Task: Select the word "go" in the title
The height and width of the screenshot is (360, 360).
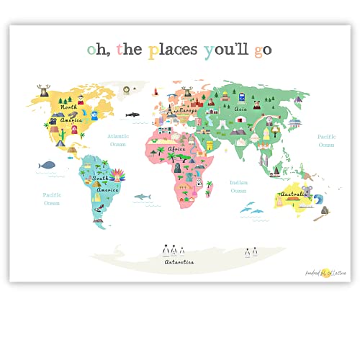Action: (261, 50)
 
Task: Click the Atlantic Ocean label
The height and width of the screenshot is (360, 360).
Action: (118, 140)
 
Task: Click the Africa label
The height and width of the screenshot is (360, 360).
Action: (176, 149)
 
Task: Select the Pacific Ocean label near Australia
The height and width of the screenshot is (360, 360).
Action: (327, 140)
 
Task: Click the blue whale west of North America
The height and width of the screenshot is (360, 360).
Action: (47, 166)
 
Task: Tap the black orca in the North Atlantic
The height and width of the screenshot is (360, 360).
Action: (132, 114)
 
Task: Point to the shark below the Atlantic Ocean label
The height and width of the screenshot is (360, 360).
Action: (144, 197)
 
